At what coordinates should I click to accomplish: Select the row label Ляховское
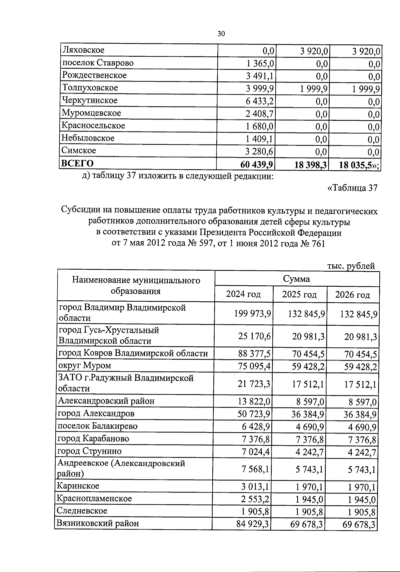tap(83, 50)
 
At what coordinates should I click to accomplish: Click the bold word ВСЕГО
tap(77, 164)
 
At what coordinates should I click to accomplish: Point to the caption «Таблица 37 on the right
tap(353, 188)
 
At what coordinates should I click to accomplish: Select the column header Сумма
tap(296, 279)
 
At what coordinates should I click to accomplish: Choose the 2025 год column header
tap(299, 295)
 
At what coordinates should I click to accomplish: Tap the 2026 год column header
tap(352, 295)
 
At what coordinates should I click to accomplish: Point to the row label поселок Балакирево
tap(97, 426)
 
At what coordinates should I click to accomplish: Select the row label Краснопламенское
tap(94, 499)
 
